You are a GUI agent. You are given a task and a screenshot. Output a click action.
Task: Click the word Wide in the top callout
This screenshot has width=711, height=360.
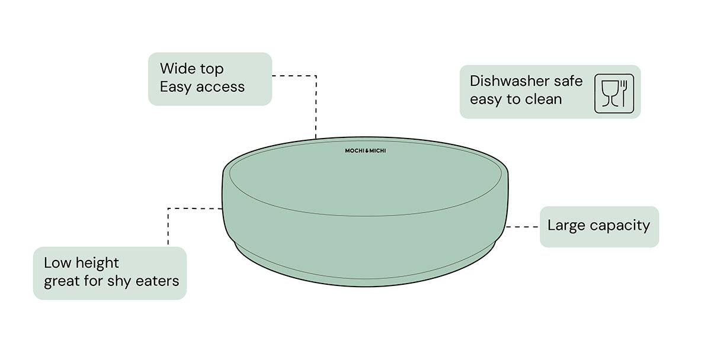pyautogui.click(x=177, y=69)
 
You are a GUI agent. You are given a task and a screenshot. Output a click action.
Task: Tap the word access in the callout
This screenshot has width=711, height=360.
pyautogui.click(x=220, y=87)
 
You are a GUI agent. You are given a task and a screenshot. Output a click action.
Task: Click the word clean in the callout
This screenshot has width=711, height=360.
pyautogui.click(x=543, y=99)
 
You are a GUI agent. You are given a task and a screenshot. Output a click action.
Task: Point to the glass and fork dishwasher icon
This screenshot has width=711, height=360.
pyautogui.click(x=614, y=93)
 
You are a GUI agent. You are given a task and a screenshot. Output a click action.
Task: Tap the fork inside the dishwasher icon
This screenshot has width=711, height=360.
pyautogui.click(x=622, y=93)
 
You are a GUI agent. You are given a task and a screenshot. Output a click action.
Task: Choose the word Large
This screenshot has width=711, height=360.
pyautogui.click(x=566, y=226)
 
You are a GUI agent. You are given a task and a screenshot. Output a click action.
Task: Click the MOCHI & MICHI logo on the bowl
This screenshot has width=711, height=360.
pyautogui.click(x=366, y=151)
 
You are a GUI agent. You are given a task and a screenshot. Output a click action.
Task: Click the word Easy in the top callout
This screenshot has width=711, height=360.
pyautogui.click(x=176, y=87)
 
